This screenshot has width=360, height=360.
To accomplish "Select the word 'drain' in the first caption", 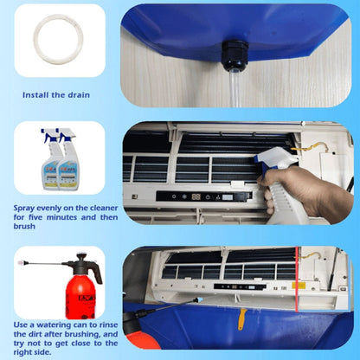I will point(78,94).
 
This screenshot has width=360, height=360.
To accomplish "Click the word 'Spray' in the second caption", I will point(27,209).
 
